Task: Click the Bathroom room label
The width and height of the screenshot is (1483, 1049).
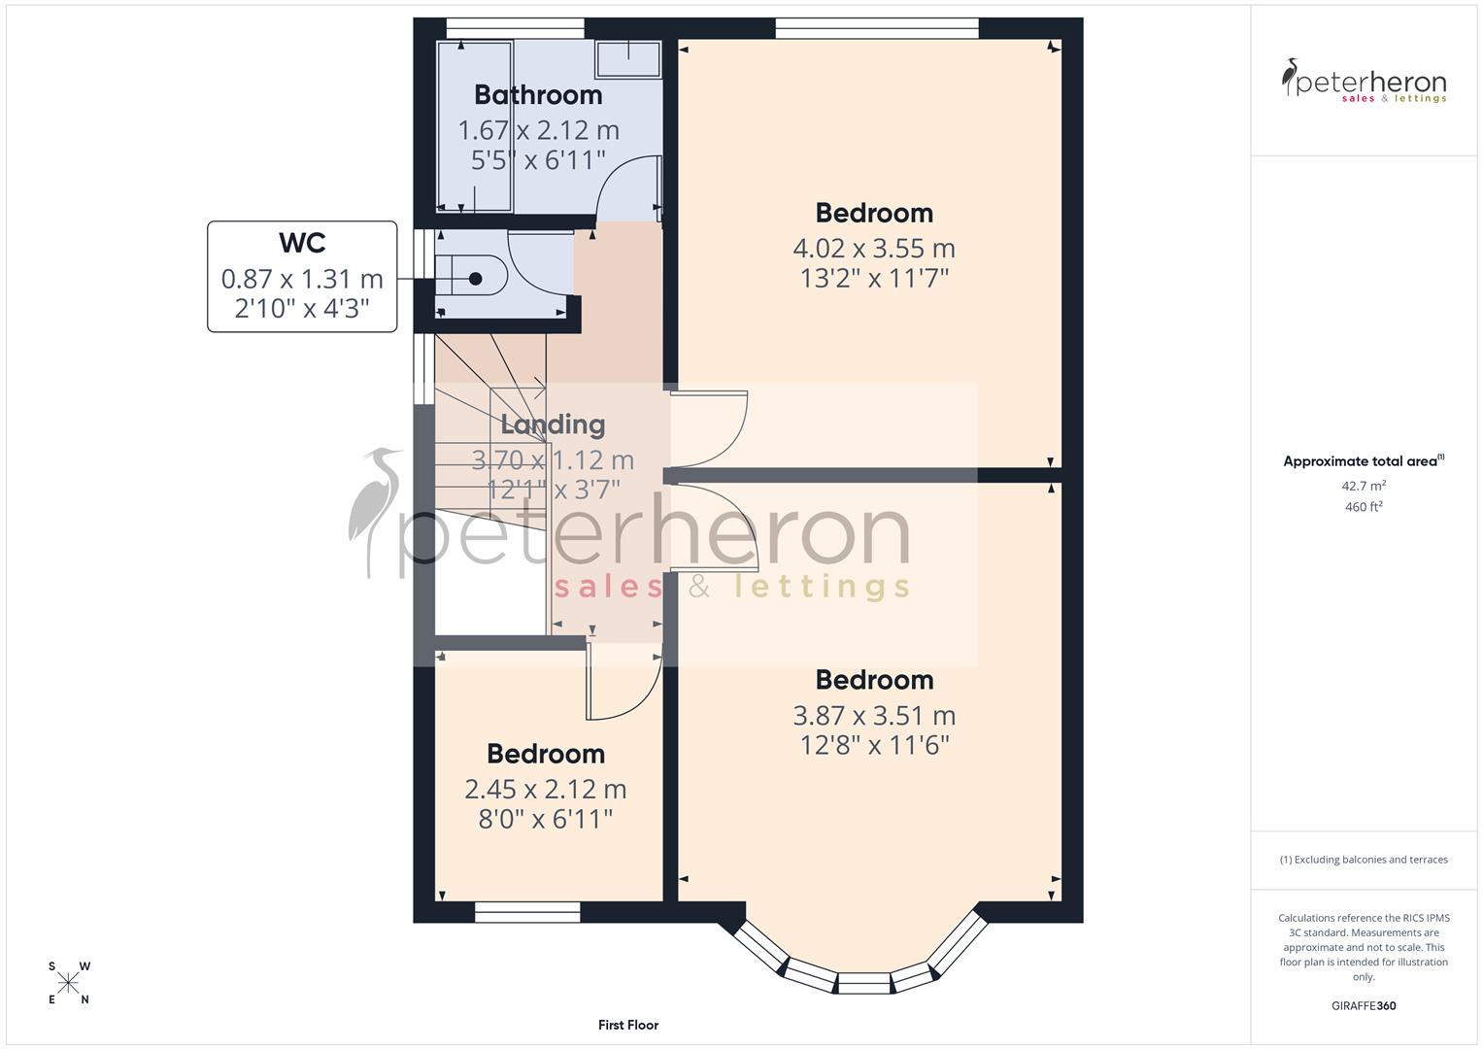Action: tap(538, 95)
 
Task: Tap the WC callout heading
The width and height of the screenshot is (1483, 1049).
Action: tap(302, 243)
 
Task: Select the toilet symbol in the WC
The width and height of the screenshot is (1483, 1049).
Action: tap(472, 279)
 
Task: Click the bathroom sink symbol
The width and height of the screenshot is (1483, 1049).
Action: tap(627, 58)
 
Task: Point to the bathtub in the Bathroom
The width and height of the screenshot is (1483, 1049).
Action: tap(475, 126)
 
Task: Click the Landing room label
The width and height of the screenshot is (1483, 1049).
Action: tap(553, 424)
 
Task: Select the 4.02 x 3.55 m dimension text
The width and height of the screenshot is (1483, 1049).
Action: tap(874, 249)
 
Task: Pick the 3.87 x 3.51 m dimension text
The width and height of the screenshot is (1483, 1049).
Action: tap(874, 716)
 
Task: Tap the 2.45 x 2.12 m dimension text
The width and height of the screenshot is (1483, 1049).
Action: tap(546, 790)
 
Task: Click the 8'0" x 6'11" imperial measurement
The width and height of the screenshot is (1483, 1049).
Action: tap(546, 820)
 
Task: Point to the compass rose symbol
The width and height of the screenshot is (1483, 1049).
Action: tap(69, 983)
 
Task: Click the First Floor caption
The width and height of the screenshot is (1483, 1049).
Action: tap(628, 1025)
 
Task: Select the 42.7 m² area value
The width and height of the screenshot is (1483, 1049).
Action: tap(1364, 486)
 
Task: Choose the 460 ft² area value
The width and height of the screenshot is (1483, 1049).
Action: tap(1364, 507)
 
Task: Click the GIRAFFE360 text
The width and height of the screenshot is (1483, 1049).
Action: tap(1364, 1005)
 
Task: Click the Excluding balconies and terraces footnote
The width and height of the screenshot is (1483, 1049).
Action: tap(1364, 860)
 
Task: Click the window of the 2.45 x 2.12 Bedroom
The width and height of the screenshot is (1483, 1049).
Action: tap(527, 912)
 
